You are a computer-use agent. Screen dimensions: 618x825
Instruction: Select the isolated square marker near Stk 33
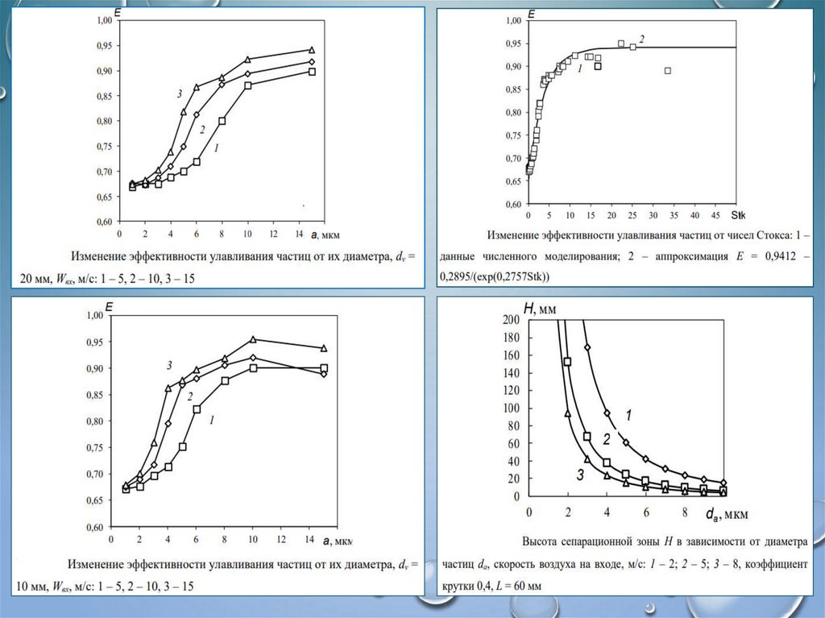668,71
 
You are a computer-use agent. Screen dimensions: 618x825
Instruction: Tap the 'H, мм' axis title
540,309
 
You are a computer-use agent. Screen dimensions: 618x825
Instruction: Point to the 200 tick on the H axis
512,320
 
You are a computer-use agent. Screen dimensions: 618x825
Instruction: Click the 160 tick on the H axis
512,355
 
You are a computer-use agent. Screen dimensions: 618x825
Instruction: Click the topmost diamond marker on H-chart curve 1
587,347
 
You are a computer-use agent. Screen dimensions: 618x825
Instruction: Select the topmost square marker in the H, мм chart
567,362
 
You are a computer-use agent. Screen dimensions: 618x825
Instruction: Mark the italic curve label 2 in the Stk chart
642,39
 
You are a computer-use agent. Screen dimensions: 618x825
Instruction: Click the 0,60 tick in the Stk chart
512,205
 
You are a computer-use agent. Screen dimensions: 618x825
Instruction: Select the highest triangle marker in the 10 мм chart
253,340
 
